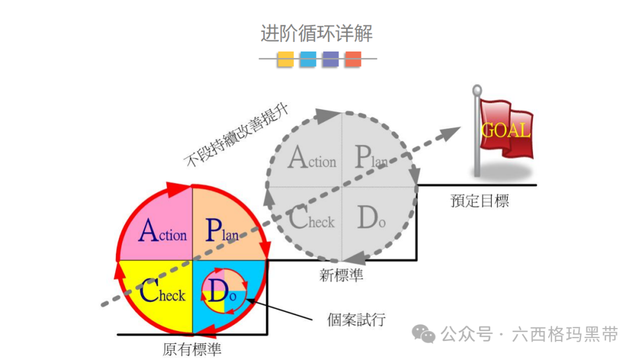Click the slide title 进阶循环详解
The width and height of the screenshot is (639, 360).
pos(317,33)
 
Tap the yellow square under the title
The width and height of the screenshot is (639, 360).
pos(286,59)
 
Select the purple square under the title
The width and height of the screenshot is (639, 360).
pos(331,59)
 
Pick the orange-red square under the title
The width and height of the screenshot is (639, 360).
pos(353,59)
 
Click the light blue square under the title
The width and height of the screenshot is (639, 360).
pos(308,59)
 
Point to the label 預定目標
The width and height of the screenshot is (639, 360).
pos(479,201)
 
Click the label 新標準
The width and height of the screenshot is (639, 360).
pos(341,275)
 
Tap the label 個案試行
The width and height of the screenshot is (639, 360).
pos(356,320)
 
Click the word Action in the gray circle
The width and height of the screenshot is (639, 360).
pos(312,158)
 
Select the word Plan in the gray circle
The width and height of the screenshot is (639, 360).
pos(371,157)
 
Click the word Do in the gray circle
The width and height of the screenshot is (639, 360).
pos(372,219)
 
